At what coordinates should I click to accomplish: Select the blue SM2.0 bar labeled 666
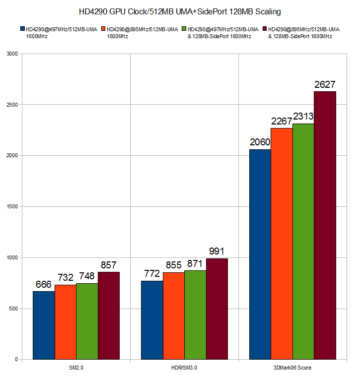44,325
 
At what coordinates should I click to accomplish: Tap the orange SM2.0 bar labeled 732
65,322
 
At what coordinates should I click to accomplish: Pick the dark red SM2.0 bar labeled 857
109,315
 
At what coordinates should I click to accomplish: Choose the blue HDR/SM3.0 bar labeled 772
152,320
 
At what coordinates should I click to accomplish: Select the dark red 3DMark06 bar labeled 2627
325,225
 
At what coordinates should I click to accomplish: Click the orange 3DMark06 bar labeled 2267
282,244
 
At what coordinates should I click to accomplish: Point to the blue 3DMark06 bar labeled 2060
260,254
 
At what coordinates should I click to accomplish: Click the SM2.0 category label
76,367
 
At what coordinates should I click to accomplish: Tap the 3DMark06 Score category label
293,367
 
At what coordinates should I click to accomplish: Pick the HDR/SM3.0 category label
184,367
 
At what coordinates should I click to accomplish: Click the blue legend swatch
23,29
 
